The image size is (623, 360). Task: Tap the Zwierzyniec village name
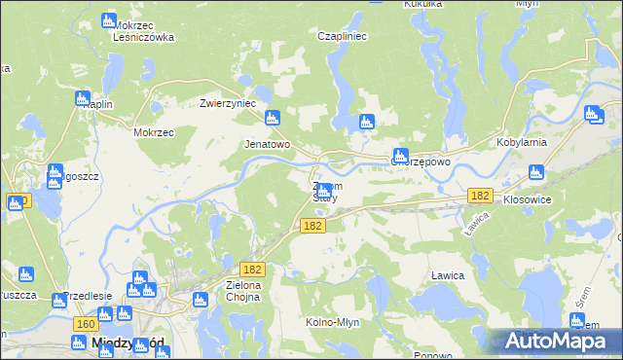(x=227, y=103)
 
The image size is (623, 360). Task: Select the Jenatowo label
(x=267, y=144)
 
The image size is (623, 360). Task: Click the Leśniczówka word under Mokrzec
(x=143, y=38)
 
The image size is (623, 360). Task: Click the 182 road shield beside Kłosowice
(x=479, y=196)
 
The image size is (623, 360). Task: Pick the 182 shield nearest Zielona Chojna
(x=252, y=268)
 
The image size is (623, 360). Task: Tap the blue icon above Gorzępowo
(x=400, y=155)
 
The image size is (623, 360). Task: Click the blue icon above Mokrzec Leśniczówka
(x=109, y=20)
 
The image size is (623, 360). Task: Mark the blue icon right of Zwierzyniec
(x=272, y=118)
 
